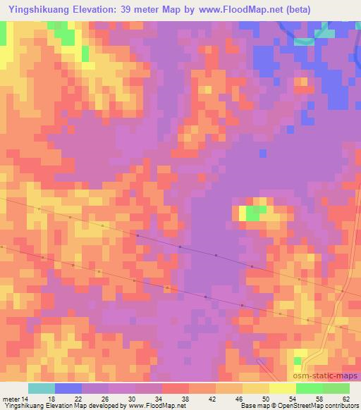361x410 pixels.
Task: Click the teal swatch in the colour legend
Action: point(42,388)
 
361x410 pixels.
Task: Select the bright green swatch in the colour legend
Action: point(309,388)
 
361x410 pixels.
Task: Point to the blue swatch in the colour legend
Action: point(68,388)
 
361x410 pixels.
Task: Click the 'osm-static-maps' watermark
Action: point(326,377)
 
